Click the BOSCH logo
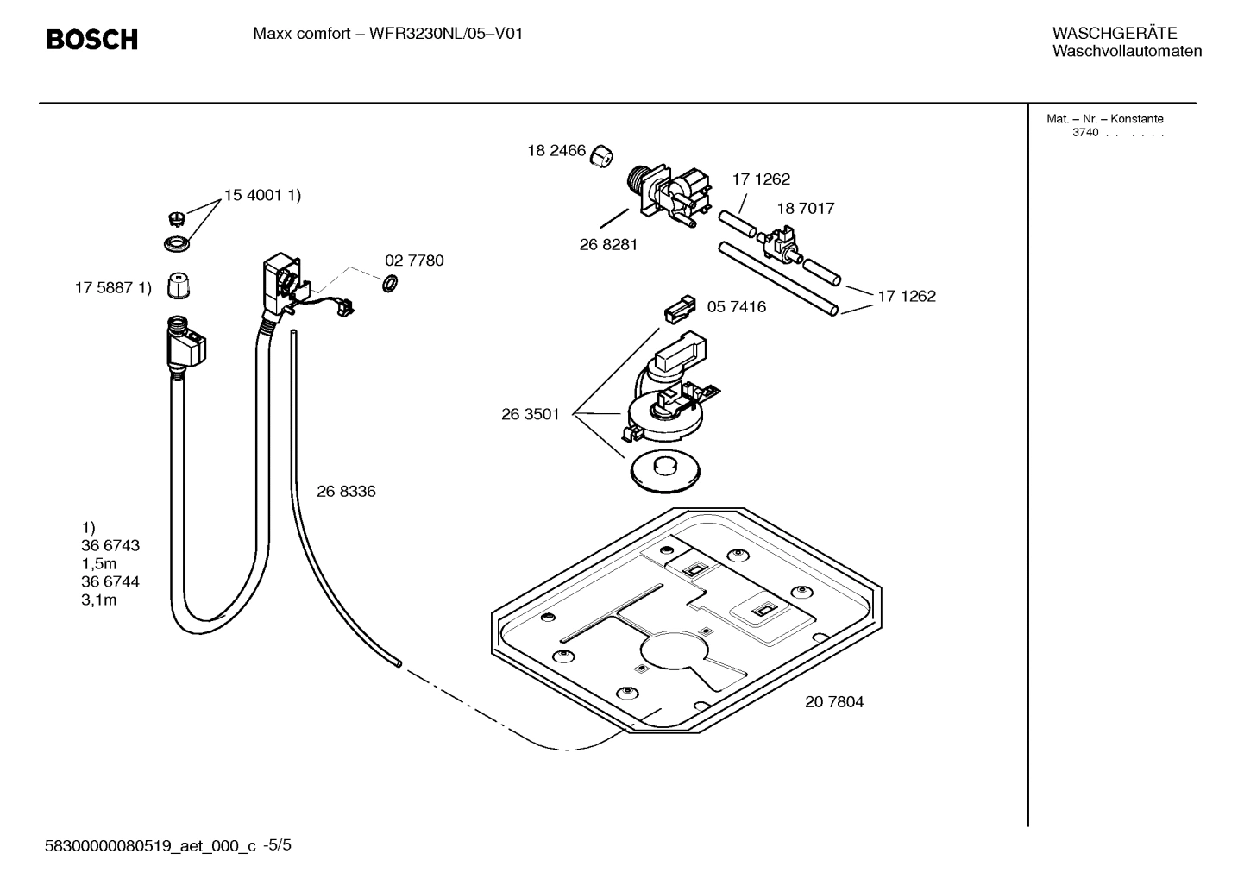pyautogui.click(x=91, y=40)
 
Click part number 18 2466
pyautogui.click(x=556, y=151)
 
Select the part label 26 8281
pyautogui.click(x=608, y=245)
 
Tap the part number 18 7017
pyautogui.click(x=805, y=209)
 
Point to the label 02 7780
pyautogui.click(x=414, y=261)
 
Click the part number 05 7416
pyautogui.click(x=736, y=307)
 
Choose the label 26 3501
pyautogui.click(x=530, y=414)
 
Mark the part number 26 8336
pyautogui.click(x=346, y=492)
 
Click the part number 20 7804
pyautogui.click(x=834, y=702)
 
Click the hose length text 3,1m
pyautogui.click(x=99, y=600)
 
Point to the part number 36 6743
pyautogui.click(x=110, y=546)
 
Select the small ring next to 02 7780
pyautogui.click(x=389, y=283)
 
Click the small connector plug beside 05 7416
pyautogui.click(x=679, y=310)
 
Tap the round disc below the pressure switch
pyautogui.click(x=666, y=471)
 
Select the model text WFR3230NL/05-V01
pyautogui.click(x=445, y=35)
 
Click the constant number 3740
pyautogui.click(x=1085, y=133)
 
